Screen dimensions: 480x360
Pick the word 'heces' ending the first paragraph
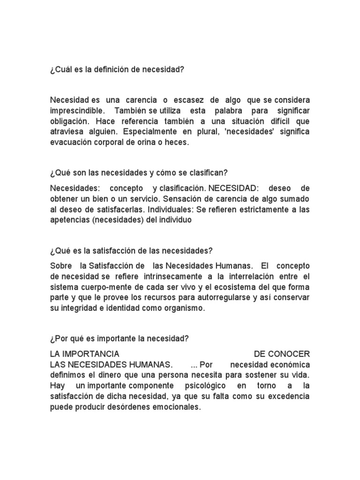click(177, 142)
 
